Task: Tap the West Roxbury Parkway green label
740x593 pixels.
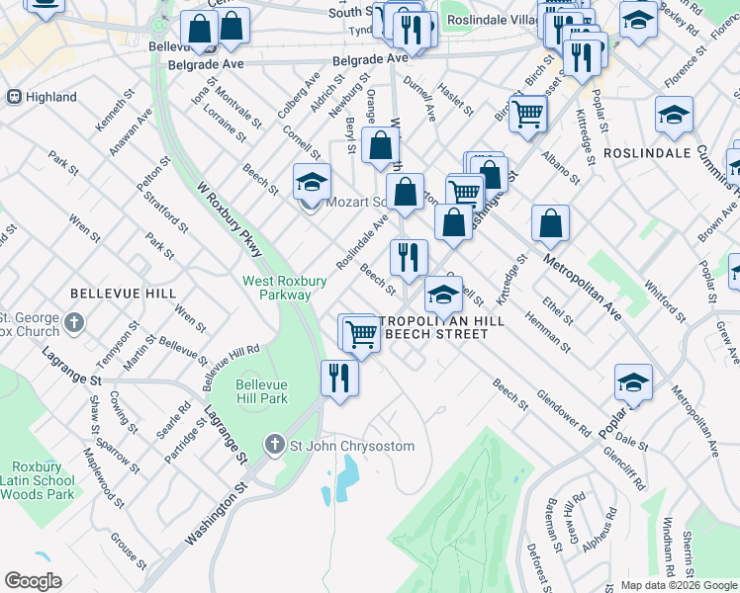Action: point(285,288)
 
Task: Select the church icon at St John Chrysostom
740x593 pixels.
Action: point(275,446)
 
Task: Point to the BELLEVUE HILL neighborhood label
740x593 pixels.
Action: point(123,294)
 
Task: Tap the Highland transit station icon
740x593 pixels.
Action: point(14,97)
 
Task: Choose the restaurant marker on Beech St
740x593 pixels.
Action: point(409,258)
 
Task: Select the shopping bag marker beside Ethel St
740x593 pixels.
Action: point(550,224)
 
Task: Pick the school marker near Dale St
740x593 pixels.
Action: point(633,383)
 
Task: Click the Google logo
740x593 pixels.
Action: point(33,581)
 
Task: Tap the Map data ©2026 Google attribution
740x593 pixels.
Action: point(678,585)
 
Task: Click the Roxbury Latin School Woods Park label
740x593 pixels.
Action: point(43,480)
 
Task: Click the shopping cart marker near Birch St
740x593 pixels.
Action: point(528,114)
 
